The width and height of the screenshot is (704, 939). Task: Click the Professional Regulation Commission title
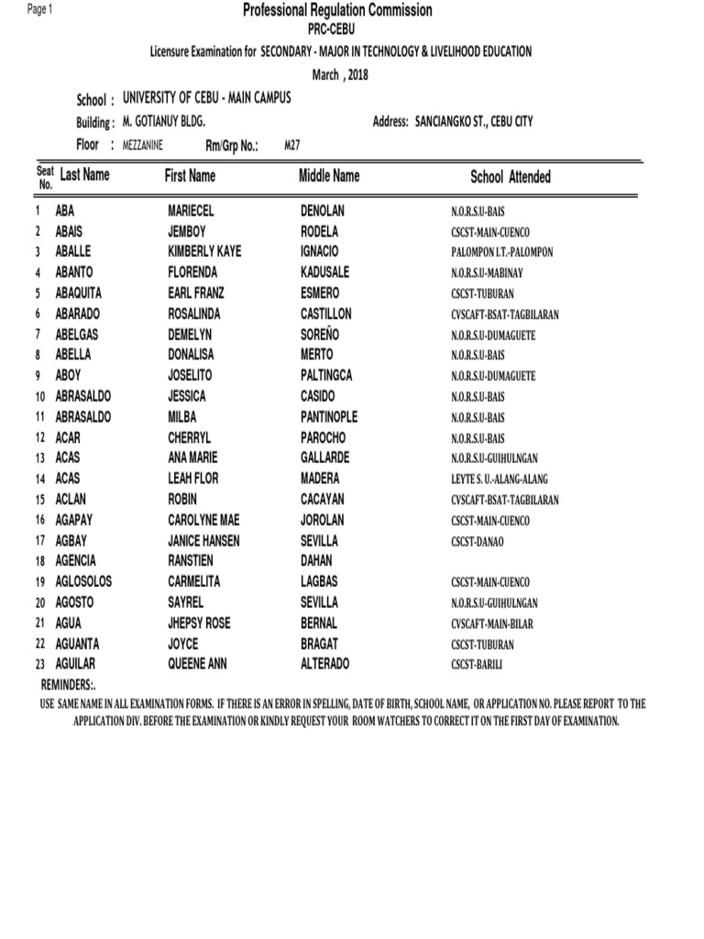(x=337, y=11)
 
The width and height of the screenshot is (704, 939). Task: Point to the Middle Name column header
(x=329, y=175)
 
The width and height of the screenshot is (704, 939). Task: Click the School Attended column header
(x=511, y=177)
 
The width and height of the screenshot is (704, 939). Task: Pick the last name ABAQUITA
(x=82, y=293)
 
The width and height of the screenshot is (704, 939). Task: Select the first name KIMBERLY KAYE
(x=204, y=251)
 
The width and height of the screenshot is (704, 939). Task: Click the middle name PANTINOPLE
(x=329, y=417)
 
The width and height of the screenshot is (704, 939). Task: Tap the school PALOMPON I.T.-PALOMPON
(x=501, y=252)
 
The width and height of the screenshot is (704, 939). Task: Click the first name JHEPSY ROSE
(x=199, y=624)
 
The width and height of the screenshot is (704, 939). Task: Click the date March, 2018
(x=339, y=75)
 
